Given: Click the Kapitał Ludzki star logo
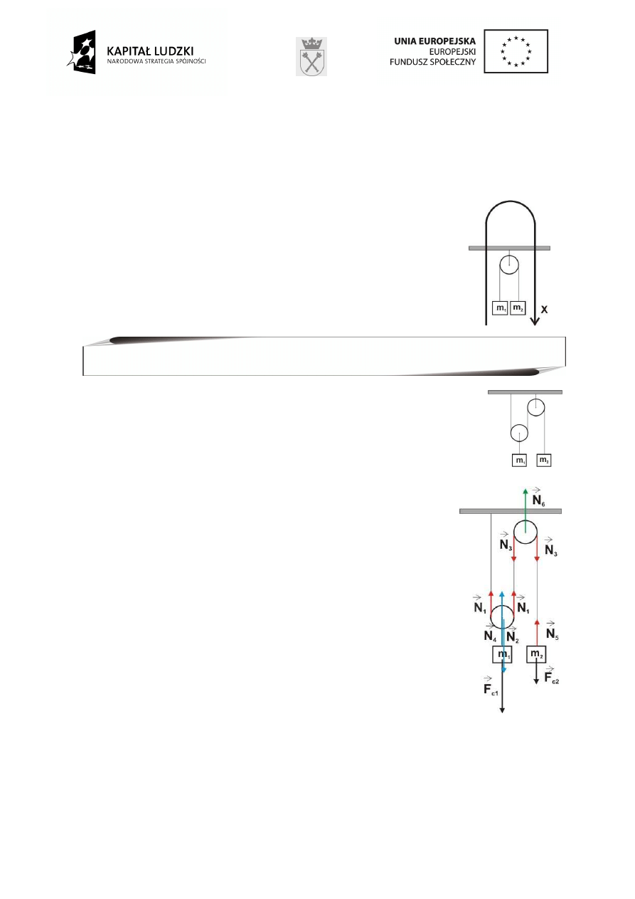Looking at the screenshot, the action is (x=81, y=52).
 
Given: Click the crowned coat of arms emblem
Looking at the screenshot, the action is (x=311, y=57).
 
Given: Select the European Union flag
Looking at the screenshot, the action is (x=516, y=51).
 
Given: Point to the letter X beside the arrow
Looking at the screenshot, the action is (x=544, y=310).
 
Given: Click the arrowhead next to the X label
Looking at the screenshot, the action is (x=534, y=321).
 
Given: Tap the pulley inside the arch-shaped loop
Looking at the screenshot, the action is (x=508, y=266).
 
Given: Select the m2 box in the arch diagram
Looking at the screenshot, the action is (x=518, y=308).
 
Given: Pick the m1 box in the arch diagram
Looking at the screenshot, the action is (x=501, y=308).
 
